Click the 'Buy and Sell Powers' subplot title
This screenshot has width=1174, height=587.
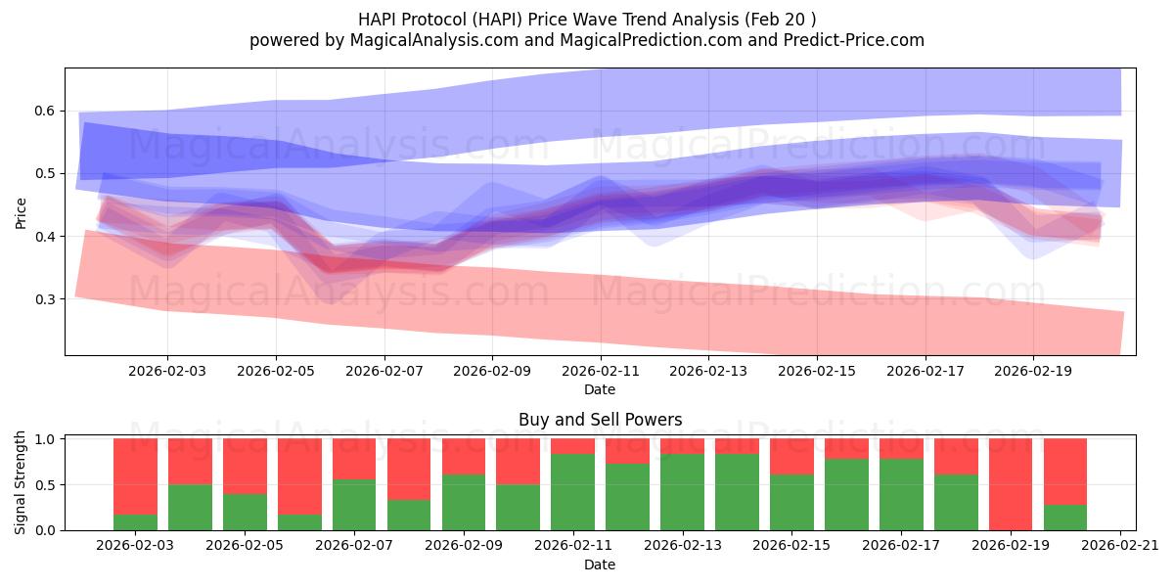(600, 420)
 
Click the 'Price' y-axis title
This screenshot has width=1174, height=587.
(22, 211)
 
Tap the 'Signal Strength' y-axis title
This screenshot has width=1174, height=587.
(22, 482)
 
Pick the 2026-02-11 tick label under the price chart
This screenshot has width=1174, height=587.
(600, 372)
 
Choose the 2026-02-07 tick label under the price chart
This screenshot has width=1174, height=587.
(384, 372)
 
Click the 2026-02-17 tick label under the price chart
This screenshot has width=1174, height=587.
(926, 372)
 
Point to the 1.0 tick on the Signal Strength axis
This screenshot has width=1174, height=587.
(45, 439)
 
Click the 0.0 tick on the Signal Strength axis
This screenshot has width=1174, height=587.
(45, 530)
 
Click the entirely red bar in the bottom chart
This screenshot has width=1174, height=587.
(1011, 484)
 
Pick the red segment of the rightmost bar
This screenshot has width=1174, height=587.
(1065, 471)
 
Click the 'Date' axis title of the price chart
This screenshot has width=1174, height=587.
(600, 389)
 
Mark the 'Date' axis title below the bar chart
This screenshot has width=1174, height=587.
(600, 564)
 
